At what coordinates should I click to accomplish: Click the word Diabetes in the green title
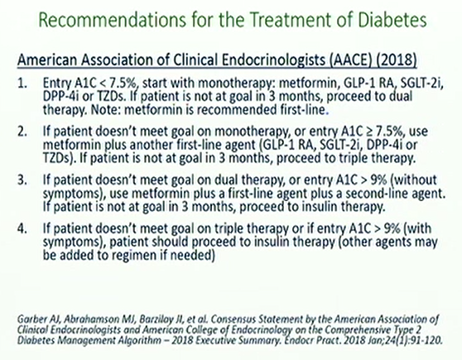tap(392, 20)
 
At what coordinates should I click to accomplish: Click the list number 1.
tap(22, 84)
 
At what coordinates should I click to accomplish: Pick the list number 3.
tap(22, 180)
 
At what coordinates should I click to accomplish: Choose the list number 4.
tap(22, 228)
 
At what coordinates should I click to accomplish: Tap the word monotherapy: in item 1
tap(236, 84)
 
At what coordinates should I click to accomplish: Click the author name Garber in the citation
tap(29, 319)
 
